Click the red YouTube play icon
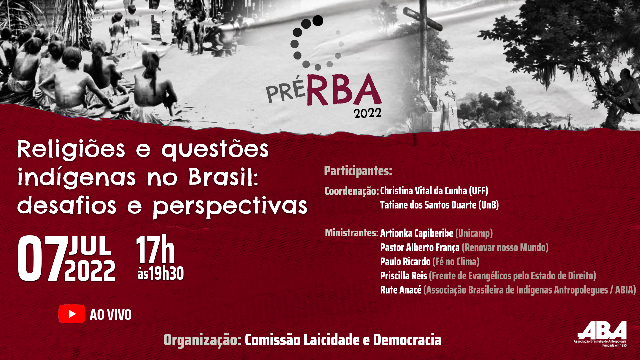(x=72, y=314)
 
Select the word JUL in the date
(x=90, y=246)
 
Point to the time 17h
(x=155, y=249)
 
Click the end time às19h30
(x=161, y=273)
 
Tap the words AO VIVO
(x=111, y=315)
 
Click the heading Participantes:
(x=358, y=171)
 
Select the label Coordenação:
(x=352, y=191)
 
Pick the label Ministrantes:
(x=352, y=233)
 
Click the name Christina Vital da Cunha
(x=424, y=191)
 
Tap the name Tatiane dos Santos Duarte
(x=428, y=205)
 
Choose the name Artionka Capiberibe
(x=417, y=233)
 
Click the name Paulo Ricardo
(x=405, y=261)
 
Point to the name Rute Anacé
(x=401, y=290)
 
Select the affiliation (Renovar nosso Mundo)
(x=505, y=247)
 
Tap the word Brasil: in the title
(x=223, y=177)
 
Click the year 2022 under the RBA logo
(x=368, y=113)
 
